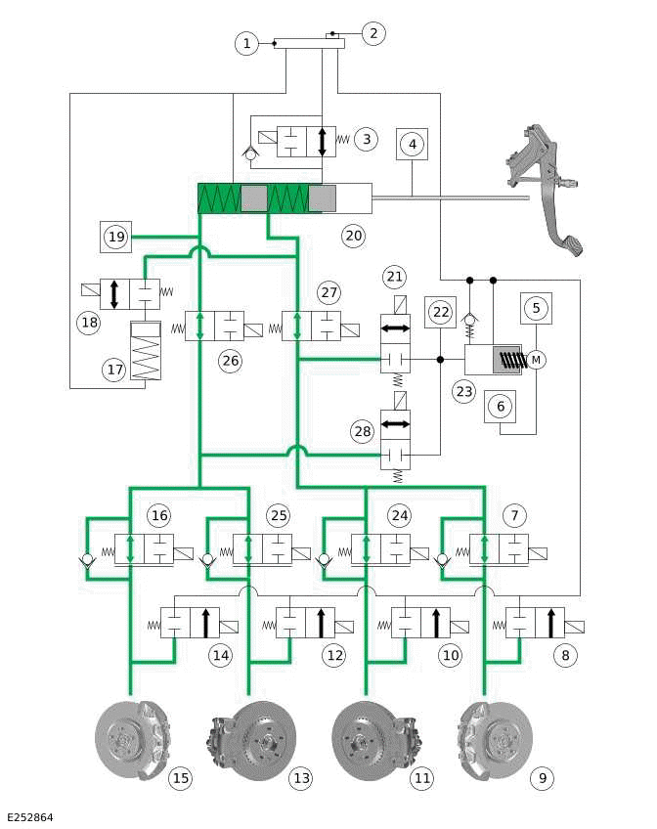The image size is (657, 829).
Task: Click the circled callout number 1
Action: (x=247, y=43)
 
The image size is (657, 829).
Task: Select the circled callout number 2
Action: (x=372, y=33)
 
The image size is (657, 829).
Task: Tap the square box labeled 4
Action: (x=414, y=144)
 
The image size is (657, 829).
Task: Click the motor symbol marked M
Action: (x=535, y=360)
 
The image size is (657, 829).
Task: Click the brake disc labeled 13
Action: (x=249, y=739)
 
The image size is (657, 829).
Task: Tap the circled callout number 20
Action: (x=353, y=235)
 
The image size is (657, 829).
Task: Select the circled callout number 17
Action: (x=115, y=369)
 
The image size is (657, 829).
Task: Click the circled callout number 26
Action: (x=230, y=361)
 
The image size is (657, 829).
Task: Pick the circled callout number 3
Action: (x=366, y=139)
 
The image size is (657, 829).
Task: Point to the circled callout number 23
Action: (x=463, y=392)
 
